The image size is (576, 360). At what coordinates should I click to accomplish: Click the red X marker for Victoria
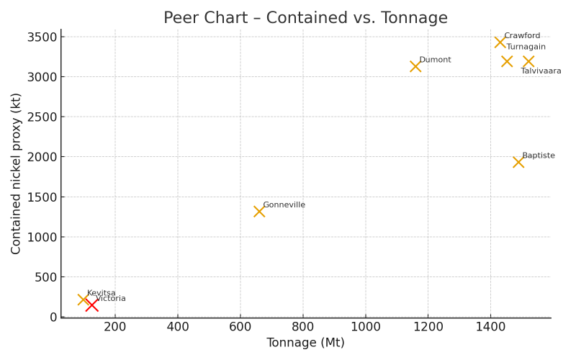point(91,305)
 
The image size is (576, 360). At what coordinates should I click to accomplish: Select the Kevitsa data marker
point(83,300)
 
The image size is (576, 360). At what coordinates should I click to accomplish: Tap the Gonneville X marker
point(259,212)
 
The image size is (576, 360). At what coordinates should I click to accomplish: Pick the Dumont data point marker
point(415,66)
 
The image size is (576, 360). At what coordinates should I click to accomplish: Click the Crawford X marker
point(500,42)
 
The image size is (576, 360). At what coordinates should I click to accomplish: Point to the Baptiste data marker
point(518,162)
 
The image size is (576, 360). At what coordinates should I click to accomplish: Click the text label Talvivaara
point(541,71)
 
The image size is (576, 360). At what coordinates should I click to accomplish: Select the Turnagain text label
point(526,47)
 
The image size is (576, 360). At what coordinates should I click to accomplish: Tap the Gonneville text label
point(284,205)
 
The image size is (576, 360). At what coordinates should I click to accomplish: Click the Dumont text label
point(435,60)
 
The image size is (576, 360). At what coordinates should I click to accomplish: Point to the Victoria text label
point(110,299)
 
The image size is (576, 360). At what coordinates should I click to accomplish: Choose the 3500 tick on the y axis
point(40,37)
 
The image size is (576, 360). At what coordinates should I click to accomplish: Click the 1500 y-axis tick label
point(40,197)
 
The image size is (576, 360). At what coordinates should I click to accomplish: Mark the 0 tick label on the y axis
point(53,318)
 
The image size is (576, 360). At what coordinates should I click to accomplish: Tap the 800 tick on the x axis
point(302,327)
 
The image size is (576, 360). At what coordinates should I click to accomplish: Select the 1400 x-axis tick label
point(490,327)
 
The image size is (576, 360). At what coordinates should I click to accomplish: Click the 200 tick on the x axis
point(114,327)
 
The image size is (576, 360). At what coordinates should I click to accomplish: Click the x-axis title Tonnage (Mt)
point(305,343)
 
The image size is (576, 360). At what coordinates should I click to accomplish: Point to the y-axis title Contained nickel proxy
point(17,174)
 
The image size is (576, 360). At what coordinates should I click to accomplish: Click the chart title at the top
point(305,18)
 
